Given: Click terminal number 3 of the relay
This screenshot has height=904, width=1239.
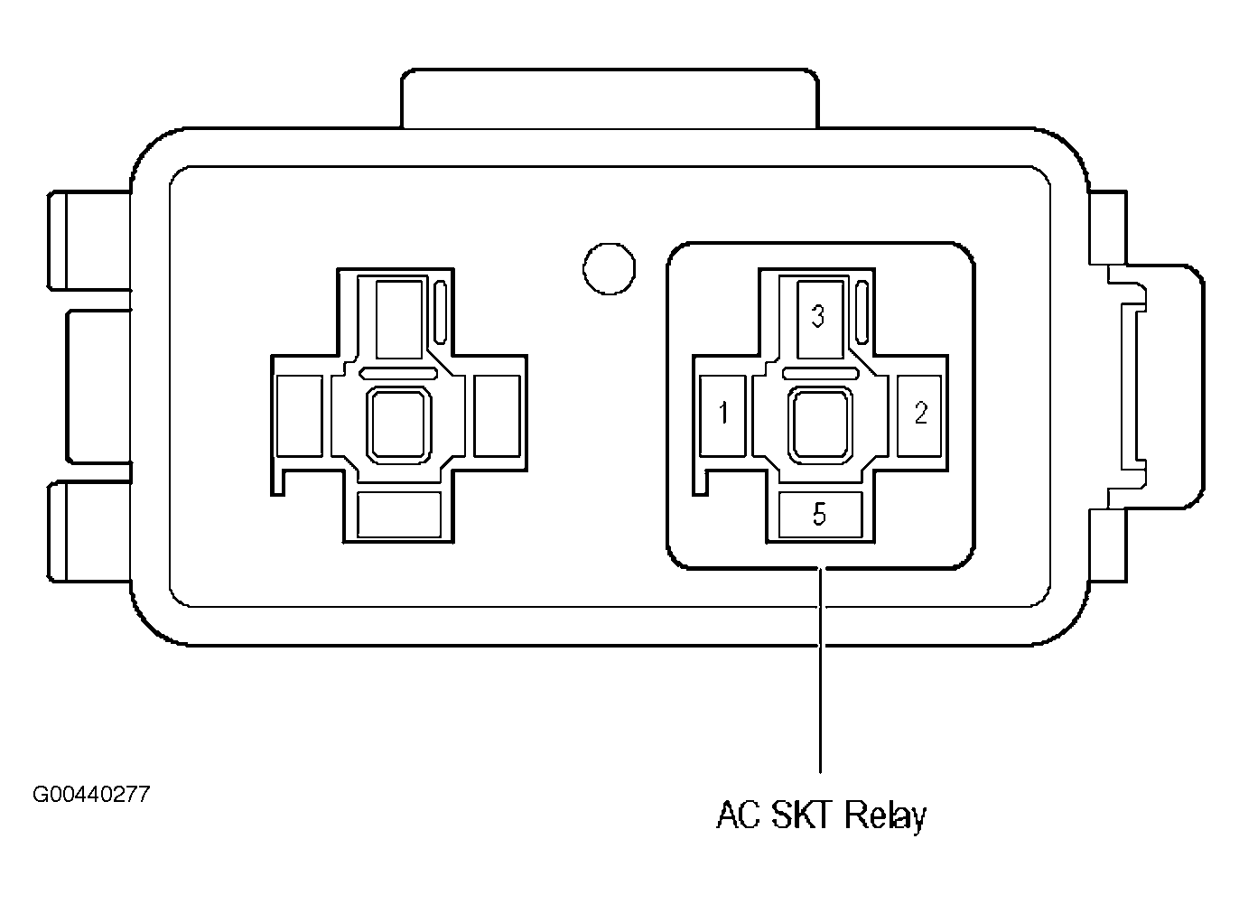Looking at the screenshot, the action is coord(820,319).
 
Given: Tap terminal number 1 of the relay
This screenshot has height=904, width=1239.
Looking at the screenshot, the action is coord(722,415).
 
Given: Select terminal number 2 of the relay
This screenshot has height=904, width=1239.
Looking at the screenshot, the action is coord(918,415).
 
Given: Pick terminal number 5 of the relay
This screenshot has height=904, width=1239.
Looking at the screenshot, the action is coord(820,515).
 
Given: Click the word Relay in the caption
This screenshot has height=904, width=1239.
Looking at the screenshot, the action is coord(885,815).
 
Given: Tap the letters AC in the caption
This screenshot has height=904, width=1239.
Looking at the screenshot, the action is coord(739,815).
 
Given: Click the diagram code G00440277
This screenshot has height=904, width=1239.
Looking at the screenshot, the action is coord(91,795).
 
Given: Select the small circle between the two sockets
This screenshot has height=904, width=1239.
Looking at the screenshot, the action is coord(609,269).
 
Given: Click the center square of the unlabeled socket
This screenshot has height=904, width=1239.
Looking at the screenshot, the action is coord(399,425).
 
